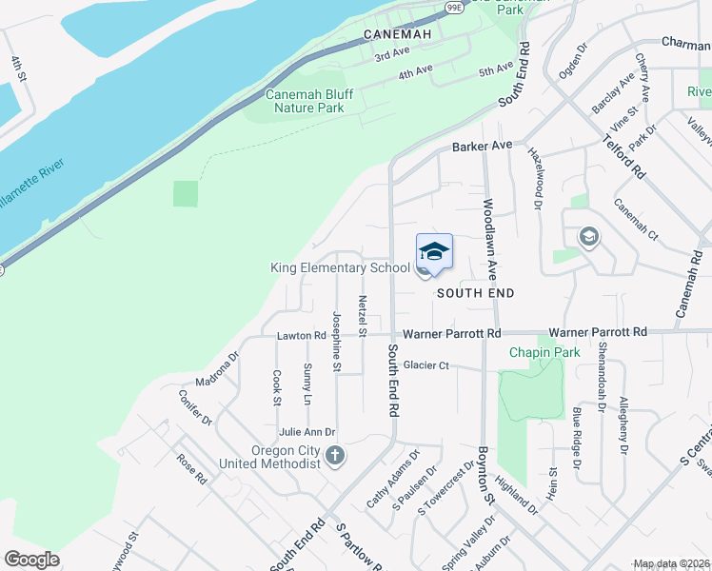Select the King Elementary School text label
[340, 268]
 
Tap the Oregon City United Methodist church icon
[334, 456]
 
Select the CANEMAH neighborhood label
[398, 35]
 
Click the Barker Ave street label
[483, 146]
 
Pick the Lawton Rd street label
[302, 336]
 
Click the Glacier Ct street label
[425, 364]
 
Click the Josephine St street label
[337, 341]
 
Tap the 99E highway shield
[453, 8]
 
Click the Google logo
[32, 560]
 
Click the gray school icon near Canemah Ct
[588, 237]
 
